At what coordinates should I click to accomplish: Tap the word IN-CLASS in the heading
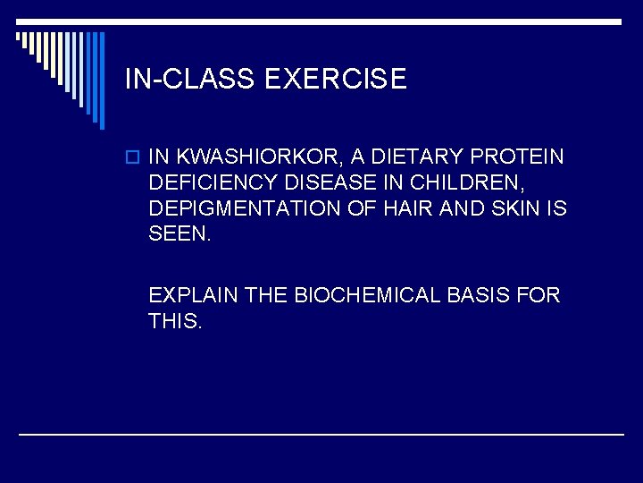click(191, 80)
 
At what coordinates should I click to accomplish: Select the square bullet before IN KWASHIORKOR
click(132, 157)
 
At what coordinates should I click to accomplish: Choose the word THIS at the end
click(175, 320)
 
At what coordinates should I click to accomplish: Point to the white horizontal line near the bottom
click(321, 434)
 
